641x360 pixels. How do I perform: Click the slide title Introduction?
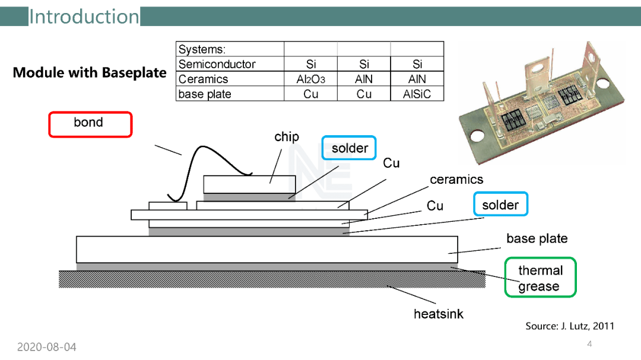tap(84, 17)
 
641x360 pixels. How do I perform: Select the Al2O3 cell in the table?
tap(310, 79)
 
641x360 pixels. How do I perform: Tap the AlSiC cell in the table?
tap(417, 94)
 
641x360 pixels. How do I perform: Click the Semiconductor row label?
tap(217, 65)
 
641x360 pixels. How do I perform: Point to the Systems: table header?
tap(202, 50)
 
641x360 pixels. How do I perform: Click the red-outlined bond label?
tap(90, 124)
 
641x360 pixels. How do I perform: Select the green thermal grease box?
tap(540, 278)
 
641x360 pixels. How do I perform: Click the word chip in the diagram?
tap(287, 137)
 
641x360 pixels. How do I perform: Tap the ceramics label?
tap(456, 180)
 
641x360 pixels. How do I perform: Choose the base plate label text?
tap(537, 239)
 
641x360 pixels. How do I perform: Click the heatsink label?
tap(439, 314)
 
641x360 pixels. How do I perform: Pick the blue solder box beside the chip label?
tap(349, 148)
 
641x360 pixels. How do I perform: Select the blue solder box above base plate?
tap(500, 205)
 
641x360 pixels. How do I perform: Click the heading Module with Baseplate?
tap(90, 73)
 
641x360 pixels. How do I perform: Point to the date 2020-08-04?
tap(46, 347)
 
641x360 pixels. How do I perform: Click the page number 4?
tap(589, 344)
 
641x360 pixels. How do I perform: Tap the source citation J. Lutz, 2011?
tap(570, 326)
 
